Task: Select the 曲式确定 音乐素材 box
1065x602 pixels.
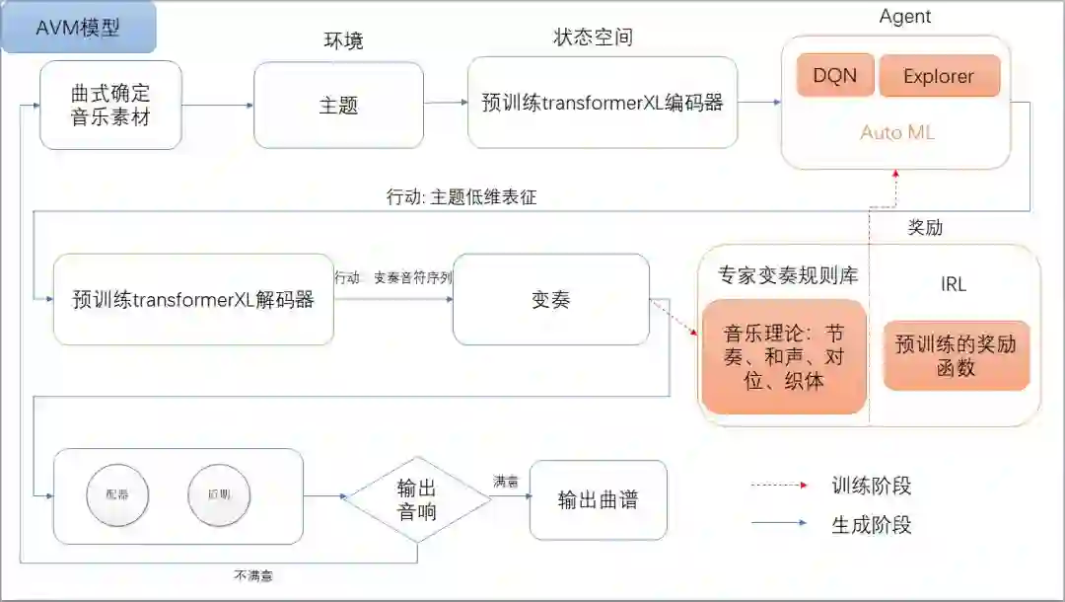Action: tap(110, 105)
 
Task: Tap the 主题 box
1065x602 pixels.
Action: tap(338, 105)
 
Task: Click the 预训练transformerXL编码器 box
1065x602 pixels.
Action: tap(603, 103)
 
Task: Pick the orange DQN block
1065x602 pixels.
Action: tap(834, 76)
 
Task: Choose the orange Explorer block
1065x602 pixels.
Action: tap(938, 76)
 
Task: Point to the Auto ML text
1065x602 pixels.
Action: tap(896, 132)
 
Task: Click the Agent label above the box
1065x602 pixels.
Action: tap(903, 16)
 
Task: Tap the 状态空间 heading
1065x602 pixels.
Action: tap(593, 38)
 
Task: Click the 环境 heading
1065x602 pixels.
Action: tap(343, 40)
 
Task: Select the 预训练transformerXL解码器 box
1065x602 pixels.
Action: tap(193, 299)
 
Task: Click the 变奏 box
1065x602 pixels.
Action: tap(550, 300)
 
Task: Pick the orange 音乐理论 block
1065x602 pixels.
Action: tap(783, 355)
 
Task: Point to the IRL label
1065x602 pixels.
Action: tap(954, 284)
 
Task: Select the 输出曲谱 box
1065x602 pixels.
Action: tap(598, 499)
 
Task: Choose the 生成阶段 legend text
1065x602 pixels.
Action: tap(872, 524)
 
